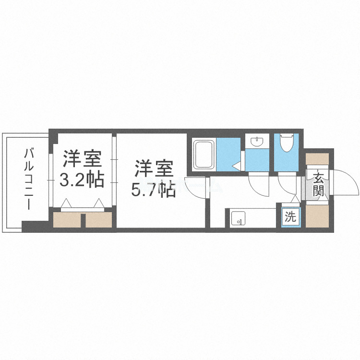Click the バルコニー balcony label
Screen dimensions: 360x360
tap(29, 179)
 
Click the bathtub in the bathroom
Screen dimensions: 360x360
tap(204, 154)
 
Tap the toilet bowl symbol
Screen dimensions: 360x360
tap(287, 143)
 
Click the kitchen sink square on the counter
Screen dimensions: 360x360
tap(238, 219)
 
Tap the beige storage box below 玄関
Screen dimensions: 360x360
tap(317, 216)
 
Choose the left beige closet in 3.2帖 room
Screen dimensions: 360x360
tap(67, 219)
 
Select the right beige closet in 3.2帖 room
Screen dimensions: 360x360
tap(99, 219)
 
